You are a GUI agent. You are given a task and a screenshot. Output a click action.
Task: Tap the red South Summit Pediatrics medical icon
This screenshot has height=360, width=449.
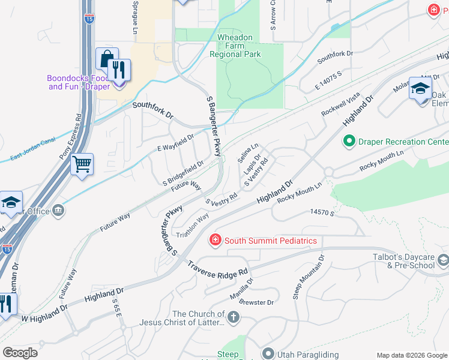[x=214, y=241]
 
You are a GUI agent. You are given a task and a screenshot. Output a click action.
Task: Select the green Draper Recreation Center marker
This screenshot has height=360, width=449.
[x=349, y=142]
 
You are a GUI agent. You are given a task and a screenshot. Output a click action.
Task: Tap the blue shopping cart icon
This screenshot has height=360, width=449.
[x=82, y=163]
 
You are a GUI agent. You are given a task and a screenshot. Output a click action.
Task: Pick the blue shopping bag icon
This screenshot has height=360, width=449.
[x=107, y=59]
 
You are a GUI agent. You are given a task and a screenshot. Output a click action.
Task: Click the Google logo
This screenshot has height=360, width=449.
[x=20, y=352]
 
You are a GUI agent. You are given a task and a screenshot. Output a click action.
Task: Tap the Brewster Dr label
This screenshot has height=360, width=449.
[x=256, y=302]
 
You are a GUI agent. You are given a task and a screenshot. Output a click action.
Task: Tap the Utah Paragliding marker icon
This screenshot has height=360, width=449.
[x=267, y=355]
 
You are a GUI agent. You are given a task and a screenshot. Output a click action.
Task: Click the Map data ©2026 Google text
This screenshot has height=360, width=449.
[x=411, y=355]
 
